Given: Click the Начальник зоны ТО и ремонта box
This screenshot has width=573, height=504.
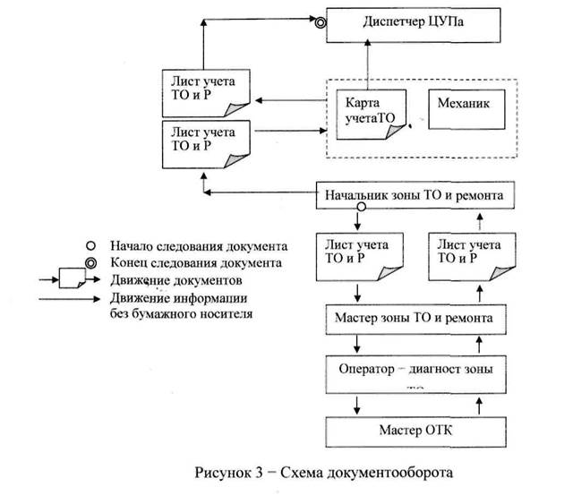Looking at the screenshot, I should tap(417, 193).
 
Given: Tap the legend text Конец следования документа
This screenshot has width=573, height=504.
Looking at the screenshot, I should tap(196, 262).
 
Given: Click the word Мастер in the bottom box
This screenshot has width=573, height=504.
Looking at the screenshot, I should tap(388, 429).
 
